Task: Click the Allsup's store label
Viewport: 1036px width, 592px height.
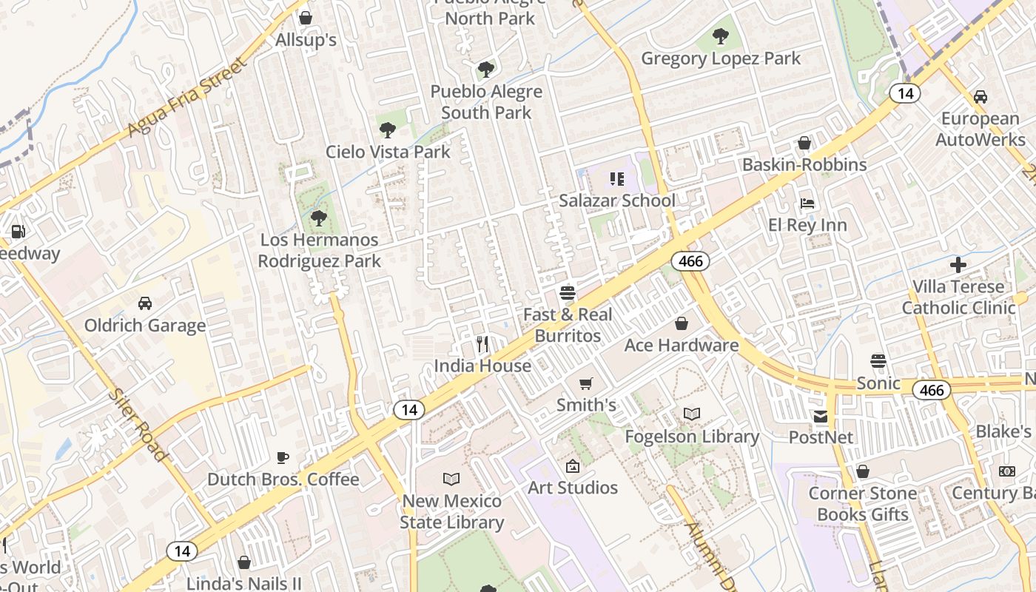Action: tap(306, 40)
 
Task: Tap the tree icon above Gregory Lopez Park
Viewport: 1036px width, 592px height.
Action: tap(721, 36)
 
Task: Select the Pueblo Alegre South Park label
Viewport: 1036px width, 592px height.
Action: tap(486, 102)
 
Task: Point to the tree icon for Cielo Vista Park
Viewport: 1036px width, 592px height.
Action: tap(387, 130)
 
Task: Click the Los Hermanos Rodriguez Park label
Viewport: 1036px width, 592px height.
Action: tap(319, 250)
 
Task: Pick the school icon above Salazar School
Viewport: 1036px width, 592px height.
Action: tap(616, 179)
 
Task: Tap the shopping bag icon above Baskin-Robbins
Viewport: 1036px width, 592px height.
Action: tap(804, 143)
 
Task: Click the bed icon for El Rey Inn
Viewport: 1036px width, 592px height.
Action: tap(807, 203)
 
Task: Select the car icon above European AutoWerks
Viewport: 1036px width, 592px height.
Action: tap(980, 97)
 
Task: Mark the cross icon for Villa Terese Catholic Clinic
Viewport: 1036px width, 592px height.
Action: tap(958, 265)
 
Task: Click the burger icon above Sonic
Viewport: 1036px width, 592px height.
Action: tap(878, 361)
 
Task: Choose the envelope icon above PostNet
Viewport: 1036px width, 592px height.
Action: tap(821, 416)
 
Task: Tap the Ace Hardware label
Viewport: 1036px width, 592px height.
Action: tap(682, 346)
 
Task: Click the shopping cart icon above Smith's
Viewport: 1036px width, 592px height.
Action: tap(586, 383)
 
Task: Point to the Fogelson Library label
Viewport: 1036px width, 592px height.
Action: tap(692, 437)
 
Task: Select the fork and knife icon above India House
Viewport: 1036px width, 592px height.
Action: tap(482, 344)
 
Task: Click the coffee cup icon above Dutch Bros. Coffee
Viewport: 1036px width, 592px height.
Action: tap(282, 457)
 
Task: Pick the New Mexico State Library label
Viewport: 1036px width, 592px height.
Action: tap(451, 511)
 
